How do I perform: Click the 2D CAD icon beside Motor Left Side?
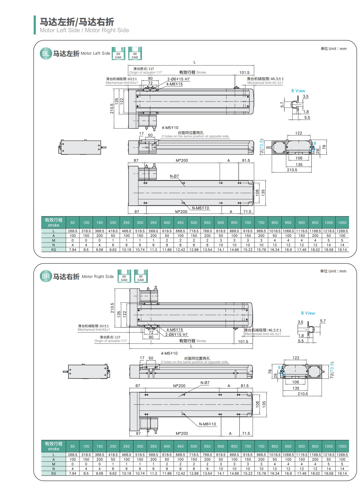coord(118,53)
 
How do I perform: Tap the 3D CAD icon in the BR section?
coord(141,276)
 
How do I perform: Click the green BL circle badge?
coord(46,53)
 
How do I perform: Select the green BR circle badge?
coord(46,276)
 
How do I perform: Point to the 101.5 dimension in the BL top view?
coord(244,72)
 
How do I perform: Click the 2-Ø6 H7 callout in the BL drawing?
coord(179,79)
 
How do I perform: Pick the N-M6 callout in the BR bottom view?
coord(207,424)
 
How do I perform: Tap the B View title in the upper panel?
coord(298,91)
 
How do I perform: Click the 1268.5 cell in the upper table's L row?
coord(342,231)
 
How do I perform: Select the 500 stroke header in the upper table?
coord(194,222)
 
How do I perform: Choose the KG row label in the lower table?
coord(53,473)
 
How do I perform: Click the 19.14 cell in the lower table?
coord(342,473)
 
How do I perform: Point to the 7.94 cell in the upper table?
coord(72,250)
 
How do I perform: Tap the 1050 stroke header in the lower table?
coord(342,446)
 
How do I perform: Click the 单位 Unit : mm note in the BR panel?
coord(333,271)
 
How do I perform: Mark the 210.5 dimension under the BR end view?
coord(303,394)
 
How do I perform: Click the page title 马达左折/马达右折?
coord(77,22)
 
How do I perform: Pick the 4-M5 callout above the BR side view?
coord(169,353)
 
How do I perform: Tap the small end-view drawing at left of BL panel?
coord(82,147)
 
